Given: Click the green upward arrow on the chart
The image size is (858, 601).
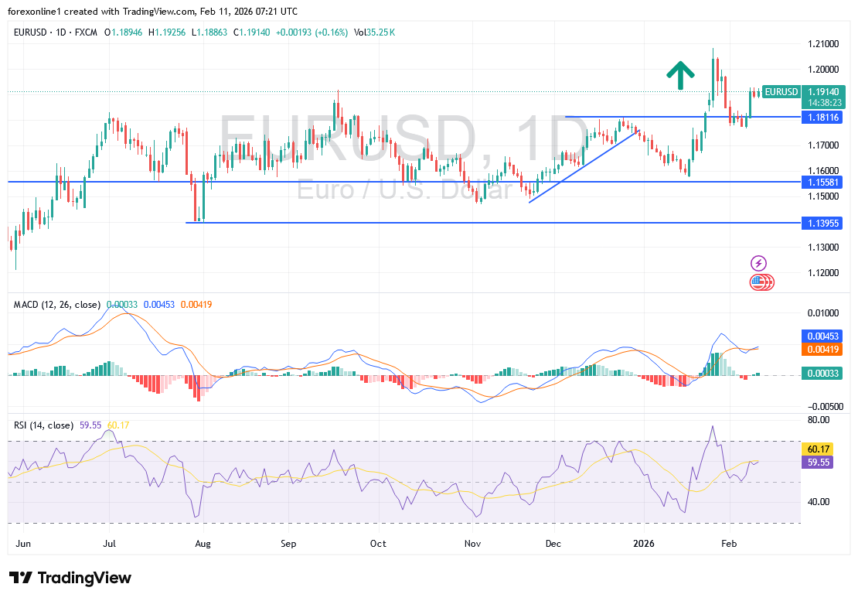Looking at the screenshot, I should (x=680, y=74).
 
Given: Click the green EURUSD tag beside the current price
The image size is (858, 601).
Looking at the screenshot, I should (x=781, y=91).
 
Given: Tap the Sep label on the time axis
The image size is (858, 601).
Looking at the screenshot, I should (x=288, y=544).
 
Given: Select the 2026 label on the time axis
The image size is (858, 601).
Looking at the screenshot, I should (x=644, y=544).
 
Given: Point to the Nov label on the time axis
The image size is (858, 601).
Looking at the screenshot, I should (x=473, y=544).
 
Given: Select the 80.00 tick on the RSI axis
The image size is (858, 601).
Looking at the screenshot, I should (x=819, y=420).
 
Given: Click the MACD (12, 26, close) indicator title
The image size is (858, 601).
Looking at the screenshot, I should (x=57, y=305).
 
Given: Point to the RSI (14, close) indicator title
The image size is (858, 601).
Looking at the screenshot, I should (x=44, y=425).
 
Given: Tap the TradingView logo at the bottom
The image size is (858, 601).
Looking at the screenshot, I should (x=70, y=578).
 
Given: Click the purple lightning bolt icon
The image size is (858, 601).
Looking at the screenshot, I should (x=759, y=263).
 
